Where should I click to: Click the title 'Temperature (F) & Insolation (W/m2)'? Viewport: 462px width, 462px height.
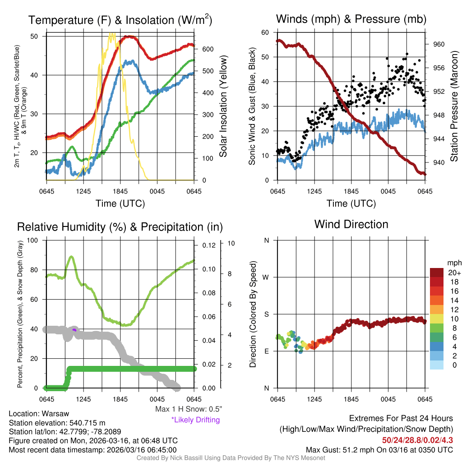click(120, 20)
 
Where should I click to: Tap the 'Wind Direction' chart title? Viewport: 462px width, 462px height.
click(351, 224)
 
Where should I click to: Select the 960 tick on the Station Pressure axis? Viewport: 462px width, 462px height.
click(439, 44)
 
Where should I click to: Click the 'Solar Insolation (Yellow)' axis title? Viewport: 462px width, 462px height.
click(223, 106)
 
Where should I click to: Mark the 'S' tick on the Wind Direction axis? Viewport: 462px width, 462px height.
click(266, 314)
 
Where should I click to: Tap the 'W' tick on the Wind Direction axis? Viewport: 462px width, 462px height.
click(266, 277)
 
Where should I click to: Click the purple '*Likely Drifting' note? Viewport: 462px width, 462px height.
click(195, 420)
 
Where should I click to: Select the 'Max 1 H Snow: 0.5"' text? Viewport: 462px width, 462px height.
click(188, 409)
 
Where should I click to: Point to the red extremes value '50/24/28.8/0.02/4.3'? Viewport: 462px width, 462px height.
click(417, 440)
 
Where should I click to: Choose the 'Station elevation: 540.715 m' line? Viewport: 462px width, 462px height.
click(57, 423)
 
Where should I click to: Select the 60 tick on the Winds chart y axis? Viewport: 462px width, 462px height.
click(265, 32)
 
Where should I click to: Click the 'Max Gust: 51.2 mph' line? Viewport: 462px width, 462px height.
click(379, 449)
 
